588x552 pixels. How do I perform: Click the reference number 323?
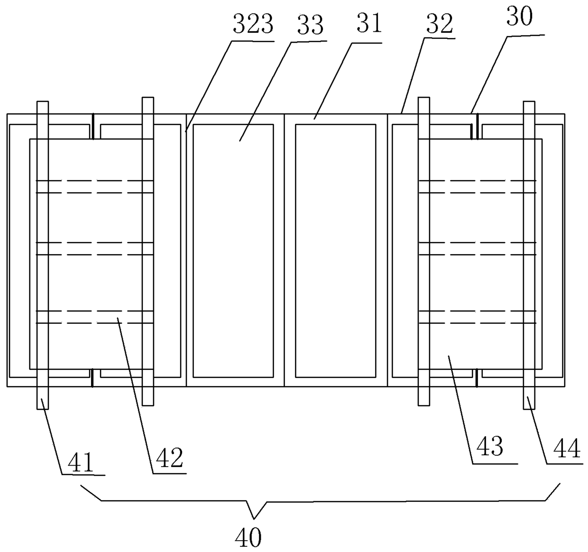(x=253, y=25)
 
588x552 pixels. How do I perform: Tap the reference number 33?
(x=310, y=25)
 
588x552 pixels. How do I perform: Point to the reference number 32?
(x=439, y=24)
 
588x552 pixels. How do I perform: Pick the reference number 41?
(x=81, y=462)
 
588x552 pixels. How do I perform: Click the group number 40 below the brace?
(x=248, y=538)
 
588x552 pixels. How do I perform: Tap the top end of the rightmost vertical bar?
(x=529, y=103)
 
